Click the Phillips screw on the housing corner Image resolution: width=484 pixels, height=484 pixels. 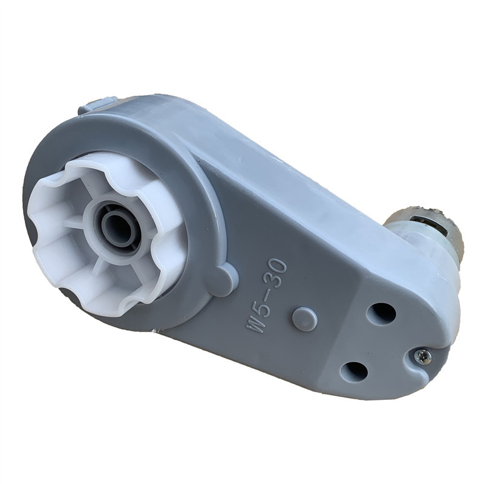pyautogui.click(x=422, y=358)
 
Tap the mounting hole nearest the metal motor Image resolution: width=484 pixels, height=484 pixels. pyautogui.click(x=381, y=314)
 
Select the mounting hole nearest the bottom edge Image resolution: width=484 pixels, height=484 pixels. pyautogui.click(x=355, y=371)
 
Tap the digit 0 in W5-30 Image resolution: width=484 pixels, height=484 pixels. pyautogui.click(x=278, y=265)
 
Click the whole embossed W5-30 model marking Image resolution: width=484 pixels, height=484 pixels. pyautogui.click(x=266, y=295)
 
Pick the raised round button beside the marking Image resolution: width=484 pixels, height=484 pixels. pyautogui.click(x=304, y=319)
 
